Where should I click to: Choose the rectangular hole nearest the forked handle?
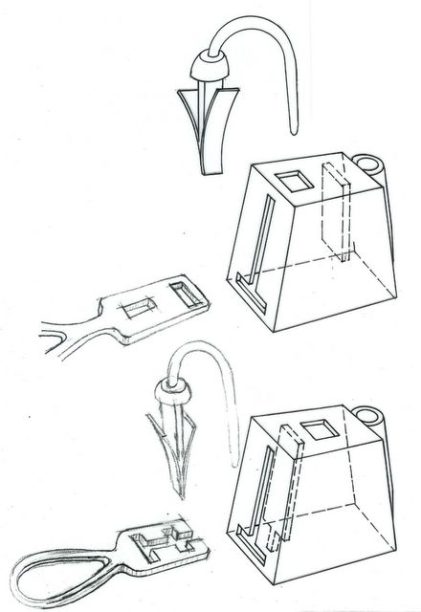[x=140, y=307]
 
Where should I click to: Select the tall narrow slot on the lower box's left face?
[x=252, y=507]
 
